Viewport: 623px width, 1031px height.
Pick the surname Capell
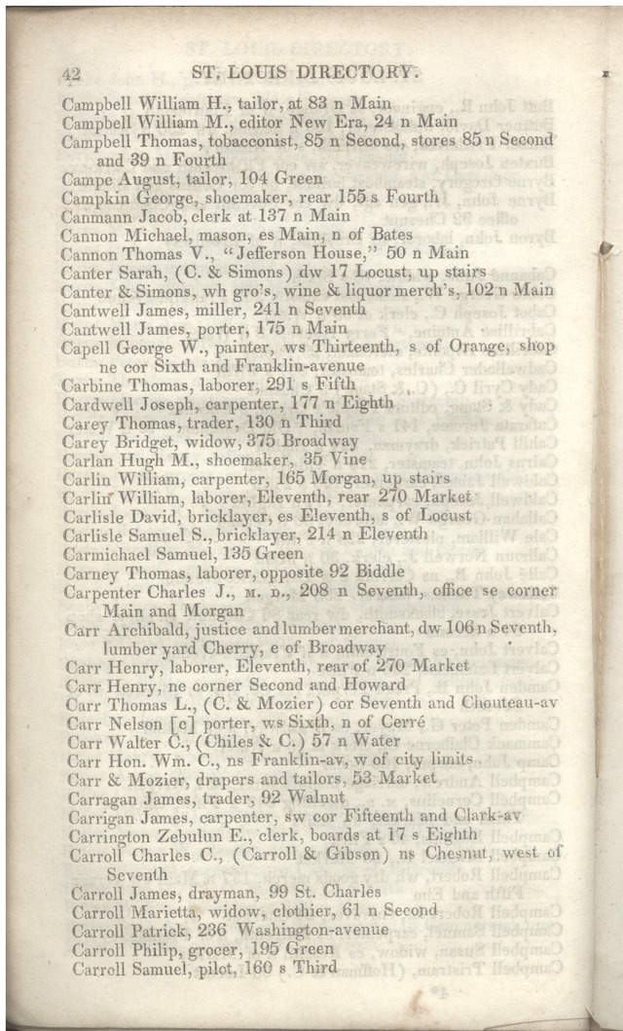[x=86, y=347]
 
